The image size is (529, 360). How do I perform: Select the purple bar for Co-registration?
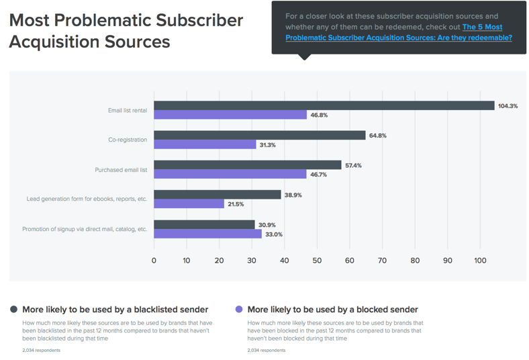[205, 144]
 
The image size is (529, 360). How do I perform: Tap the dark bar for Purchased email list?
[247, 165]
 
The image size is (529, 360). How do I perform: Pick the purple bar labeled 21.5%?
[189, 204]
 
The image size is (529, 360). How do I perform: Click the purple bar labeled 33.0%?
[207, 234]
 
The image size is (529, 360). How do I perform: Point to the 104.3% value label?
[508, 106]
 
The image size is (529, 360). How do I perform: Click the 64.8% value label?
[377, 136]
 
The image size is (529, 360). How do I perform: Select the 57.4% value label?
[353, 165]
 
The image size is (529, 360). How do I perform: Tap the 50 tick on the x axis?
[317, 261]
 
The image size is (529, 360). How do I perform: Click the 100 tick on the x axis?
[480, 261]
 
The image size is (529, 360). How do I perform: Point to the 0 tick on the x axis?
[154, 261]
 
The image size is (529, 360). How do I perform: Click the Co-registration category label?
[128, 140]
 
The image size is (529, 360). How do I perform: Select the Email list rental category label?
[128, 110]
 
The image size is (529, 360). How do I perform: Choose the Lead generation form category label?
[87, 199]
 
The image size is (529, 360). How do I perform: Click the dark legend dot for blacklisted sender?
[13, 310]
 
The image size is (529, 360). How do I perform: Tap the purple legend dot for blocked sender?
[238, 310]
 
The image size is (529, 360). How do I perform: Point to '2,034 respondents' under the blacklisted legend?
[41, 350]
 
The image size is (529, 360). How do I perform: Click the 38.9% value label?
[293, 195]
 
